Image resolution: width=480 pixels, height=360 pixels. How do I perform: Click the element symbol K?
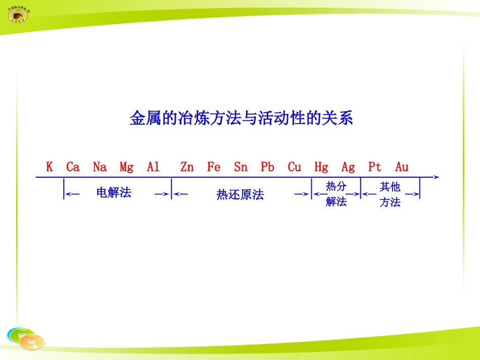pyautogui.click(x=50, y=167)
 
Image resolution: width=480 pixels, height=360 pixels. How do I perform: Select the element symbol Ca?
pyautogui.click(x=73, y=167)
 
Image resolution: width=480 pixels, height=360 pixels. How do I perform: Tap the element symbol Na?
pyautogui.click(x=100, y=167)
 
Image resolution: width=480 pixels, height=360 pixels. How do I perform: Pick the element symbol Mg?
pyautogui.click(x=126, y=167)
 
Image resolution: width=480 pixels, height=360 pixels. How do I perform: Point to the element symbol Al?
pyautogui.click(x=153, y=167)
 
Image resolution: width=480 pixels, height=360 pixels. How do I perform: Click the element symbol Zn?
pyautogui.click(x=187, y=167)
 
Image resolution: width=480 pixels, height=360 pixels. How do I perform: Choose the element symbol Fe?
pyautogui.click(x=214, y=167)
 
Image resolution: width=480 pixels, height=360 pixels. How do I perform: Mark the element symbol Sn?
pyautogui.click(x=241, y=167)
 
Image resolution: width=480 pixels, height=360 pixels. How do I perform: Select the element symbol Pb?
pyautogui.click(x=267, y=167)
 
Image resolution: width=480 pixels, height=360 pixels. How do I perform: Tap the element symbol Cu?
pyautogui.click(x=294, y=167)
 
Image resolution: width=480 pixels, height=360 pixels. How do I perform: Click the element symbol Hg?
pyautogui.click(x=321, y=167)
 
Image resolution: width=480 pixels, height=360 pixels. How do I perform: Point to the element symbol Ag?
pyautogui.click(x=348, y=167)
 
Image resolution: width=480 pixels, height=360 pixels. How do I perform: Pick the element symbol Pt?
pyautogui.click(x=375, y=167)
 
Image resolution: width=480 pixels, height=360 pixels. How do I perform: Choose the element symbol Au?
pyautogui.click(x=402, y=167)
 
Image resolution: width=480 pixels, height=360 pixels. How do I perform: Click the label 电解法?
pyautogui.click(x=114, y=192)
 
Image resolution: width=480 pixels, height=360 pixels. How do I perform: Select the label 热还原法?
pyautogui.click(x=240, y=194)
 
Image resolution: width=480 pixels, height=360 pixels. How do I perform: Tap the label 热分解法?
pyautogui.click(x=336, y=194)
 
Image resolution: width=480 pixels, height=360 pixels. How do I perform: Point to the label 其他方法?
pyautogui.click(x=390, y=194)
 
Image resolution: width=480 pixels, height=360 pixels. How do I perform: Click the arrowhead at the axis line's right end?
pyautogui.click(x=436, y=177)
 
